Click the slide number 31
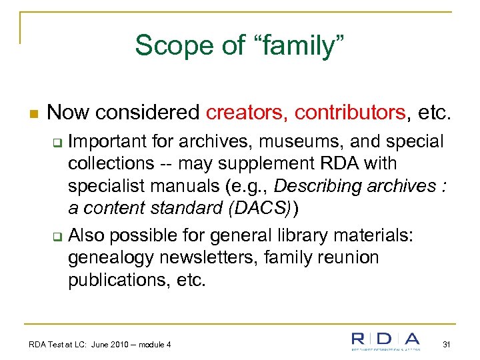click(447, 344)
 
